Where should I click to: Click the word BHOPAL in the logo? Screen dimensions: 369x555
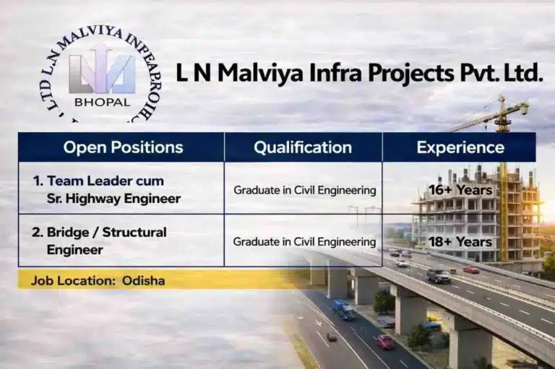tap(102, 102)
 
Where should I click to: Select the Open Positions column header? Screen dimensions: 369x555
tap(123, 147)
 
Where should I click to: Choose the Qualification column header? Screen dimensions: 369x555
tap(303, 147)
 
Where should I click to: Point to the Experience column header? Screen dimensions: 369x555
tap(460, 147)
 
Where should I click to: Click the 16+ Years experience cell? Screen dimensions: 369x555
tap(460, 190)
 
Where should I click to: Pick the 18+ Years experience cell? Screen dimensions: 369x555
tap(460, 241)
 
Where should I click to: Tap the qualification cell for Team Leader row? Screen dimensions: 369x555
tap(304, 191)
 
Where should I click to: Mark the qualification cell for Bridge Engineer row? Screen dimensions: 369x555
tap(304, 242)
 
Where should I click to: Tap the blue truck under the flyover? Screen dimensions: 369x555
tap(343, 309)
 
